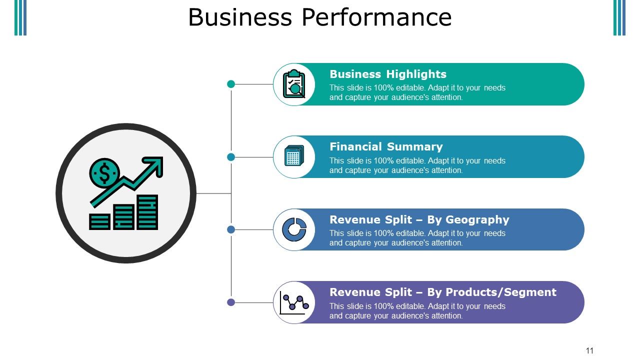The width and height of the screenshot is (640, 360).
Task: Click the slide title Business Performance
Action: pos(320,17)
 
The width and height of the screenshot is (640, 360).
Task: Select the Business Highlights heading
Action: pos(388,74)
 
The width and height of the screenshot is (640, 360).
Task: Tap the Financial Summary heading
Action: pos(386,147)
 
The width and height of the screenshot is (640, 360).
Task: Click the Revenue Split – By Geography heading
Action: pos(419,220)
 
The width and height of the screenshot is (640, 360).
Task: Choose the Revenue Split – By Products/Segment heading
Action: pos(442,292)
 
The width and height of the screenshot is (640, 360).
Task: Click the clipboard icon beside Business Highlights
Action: pos(294,84)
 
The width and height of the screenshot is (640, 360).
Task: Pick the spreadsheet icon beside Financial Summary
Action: pos(294,156)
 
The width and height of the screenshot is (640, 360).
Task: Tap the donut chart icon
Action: pos(294,229)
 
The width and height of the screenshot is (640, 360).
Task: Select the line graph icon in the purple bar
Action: pos(294,302)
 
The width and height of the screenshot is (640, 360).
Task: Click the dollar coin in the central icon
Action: pos(104,173)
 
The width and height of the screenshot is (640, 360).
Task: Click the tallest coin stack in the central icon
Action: pos(147,212)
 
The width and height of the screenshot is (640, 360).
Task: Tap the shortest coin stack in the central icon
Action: pos(99,221)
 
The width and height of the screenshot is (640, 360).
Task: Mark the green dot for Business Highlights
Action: pos(231,84)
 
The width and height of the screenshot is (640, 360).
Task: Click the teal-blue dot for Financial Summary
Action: pos(231,157)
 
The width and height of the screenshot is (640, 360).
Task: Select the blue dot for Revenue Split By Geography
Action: pos(231,229)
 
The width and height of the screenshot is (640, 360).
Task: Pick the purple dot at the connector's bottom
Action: pos(231,302)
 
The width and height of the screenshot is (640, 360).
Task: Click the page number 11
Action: pos(589,350)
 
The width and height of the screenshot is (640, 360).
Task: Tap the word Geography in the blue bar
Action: pos(477,220)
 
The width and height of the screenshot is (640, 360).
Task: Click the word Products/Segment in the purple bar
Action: pos(500,292)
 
